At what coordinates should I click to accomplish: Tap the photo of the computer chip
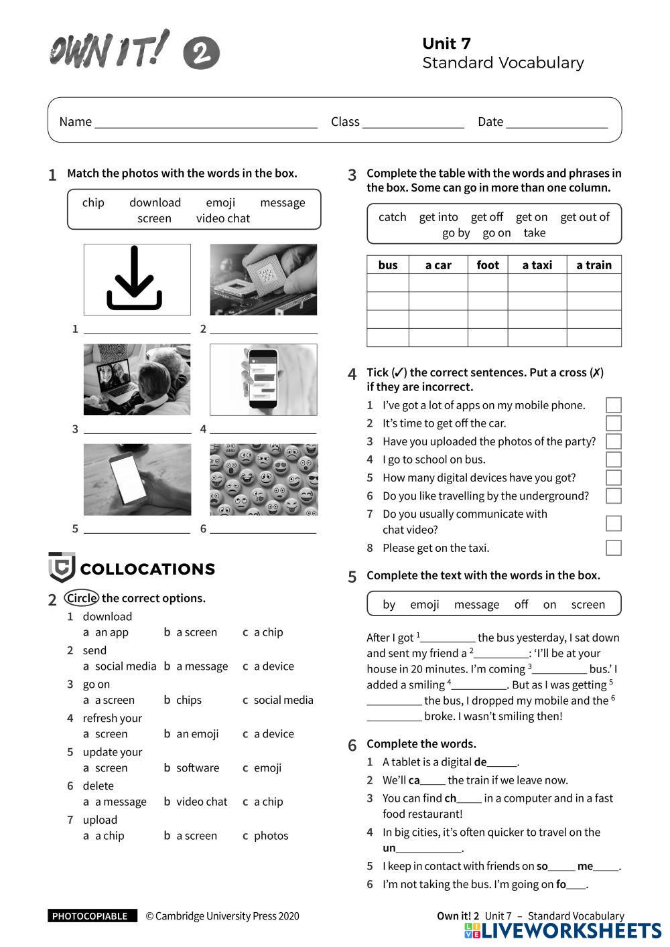(263, 279)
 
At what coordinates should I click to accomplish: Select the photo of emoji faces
(263, 480)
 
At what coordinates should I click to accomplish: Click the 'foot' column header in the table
(488, 265)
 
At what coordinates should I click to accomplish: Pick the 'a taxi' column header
(537, 265)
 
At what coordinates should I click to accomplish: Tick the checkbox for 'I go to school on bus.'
(613, 459)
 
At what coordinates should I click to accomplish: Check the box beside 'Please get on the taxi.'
(613, 548)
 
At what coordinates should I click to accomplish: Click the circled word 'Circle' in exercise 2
(82, 598)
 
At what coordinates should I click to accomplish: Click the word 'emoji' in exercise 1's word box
(220, 203)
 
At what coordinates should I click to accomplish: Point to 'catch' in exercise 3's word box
(393, 217)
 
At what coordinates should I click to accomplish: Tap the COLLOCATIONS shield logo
(62, 568)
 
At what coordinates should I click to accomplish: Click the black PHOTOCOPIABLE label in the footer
(92, 916)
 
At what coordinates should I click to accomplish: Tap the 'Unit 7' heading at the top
(446, 44)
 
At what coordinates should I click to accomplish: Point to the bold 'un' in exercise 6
(389, 849)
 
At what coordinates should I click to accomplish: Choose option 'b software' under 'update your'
(192, 768)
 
